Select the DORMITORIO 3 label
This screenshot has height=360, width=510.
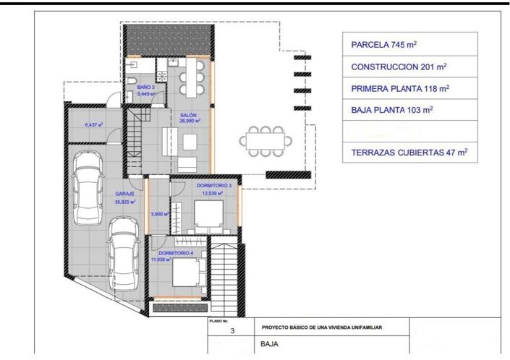pyautogui.click(x=214, y=187)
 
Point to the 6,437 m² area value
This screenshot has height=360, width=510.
pyautogui.click(x=93, y=125)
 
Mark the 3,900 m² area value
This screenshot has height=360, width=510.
pyautogui.click(x=159, y=214)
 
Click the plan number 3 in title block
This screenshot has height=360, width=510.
pyautogui.click(x=232, y=332)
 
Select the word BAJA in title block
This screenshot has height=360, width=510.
pyautogui.click(x=269, y=346)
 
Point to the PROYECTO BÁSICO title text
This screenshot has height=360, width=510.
pyautogui.click(x=322, y=327)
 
